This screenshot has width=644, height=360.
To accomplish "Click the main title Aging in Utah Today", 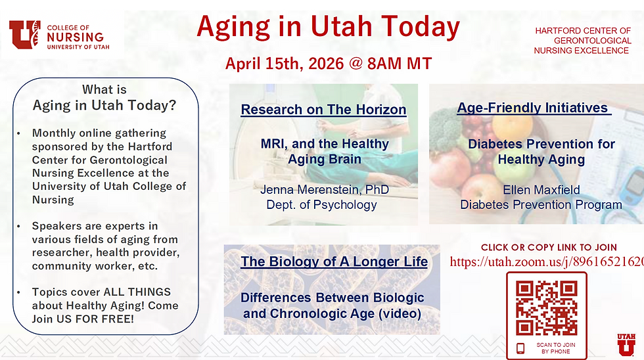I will pos(328,27).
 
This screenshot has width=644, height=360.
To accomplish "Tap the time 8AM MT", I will pos(400,64).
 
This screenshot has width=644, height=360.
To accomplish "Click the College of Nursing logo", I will pos(58,35).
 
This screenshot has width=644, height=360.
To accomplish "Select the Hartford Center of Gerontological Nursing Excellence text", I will pos(582,41).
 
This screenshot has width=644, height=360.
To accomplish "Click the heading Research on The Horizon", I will pos(323,110).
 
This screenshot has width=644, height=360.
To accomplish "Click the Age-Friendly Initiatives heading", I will pos(533,108).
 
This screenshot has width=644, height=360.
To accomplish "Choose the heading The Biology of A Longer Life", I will pos(334,262).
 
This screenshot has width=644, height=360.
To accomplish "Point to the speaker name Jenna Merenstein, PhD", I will pos(325,190).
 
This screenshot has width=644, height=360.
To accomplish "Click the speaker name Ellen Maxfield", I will pos(541,190).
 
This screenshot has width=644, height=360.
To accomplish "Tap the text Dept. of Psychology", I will pos(321,204).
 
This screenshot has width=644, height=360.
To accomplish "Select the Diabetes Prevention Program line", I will pos(541,204).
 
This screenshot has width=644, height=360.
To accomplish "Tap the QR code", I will pos(546,307).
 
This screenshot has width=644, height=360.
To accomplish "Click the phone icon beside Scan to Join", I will pos(520,348).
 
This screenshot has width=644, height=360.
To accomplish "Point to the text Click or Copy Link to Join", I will pos(549,248).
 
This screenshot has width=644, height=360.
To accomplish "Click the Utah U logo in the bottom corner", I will pos(626,344).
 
